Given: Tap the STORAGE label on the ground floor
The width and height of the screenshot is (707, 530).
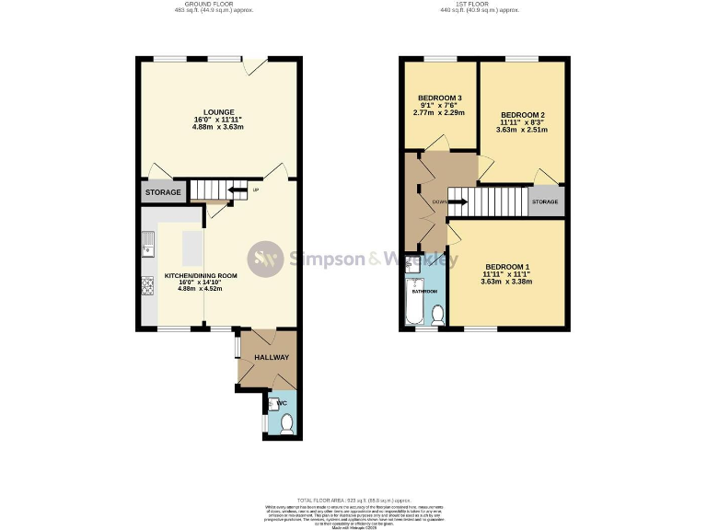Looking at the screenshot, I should coord(161,192).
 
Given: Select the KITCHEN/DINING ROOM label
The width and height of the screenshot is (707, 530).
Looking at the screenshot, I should coord(201,275).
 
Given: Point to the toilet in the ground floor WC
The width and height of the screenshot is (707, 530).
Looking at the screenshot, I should coord(286,423).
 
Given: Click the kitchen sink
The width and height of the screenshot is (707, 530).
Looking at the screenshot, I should coord(147,245).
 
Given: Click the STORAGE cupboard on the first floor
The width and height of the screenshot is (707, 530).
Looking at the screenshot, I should coord(545,202).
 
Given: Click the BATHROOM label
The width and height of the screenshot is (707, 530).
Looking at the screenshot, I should coord(424,291).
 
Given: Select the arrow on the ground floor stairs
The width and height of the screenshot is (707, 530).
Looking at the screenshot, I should coord(237,190).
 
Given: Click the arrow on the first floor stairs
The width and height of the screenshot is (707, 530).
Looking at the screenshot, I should coord(458,202).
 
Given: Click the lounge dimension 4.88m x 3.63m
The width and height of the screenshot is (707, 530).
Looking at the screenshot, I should coord(217,127).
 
